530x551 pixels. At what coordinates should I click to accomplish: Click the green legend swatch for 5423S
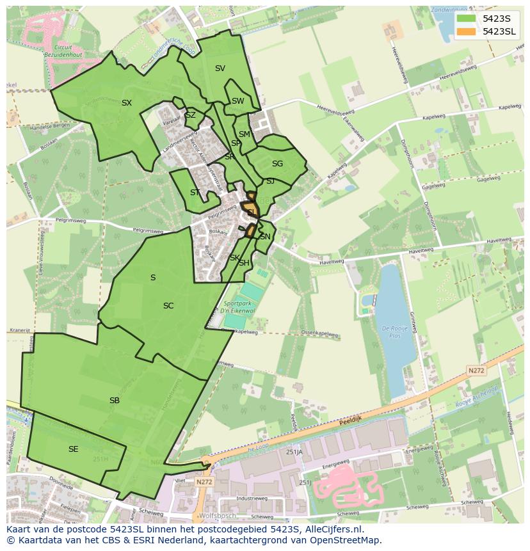(x=466, y=19)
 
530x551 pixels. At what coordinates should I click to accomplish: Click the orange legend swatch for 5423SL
(x=466, y=31)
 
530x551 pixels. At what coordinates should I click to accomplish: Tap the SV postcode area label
(x=220, y=68)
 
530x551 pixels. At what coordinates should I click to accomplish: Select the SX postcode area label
(x=127, y=103)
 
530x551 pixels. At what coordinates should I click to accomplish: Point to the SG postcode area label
(x=277, y=164)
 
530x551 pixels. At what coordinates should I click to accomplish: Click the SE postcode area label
(x=74, y=449)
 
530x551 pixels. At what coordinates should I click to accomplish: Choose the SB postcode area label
(x=115, y=401)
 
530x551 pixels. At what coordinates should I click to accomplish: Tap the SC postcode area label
(x=168, y=306)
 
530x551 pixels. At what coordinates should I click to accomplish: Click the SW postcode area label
(x=238, y=101)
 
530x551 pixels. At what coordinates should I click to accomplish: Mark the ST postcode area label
(x=195, y=193)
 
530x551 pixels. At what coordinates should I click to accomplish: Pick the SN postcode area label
(x=265, y=237)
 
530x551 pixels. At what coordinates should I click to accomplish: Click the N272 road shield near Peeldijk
(x=476, y=370)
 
